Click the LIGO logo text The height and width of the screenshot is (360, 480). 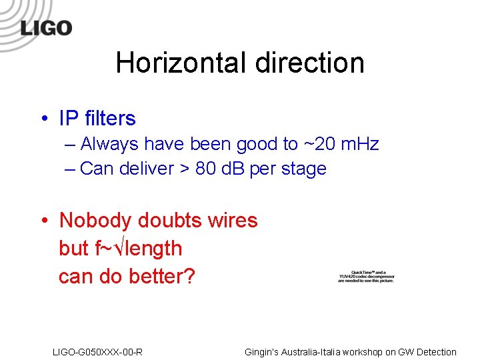tap(46, 28)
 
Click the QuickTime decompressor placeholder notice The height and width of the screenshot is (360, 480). tap(366, 277)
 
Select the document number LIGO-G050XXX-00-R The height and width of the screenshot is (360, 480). tap(97, 352)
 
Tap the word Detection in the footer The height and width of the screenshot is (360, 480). tap(434, 352)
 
